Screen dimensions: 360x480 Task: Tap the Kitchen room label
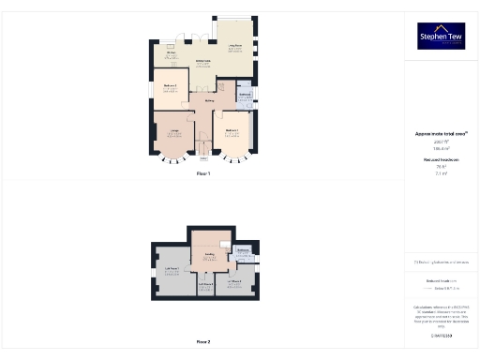tap(172, 52)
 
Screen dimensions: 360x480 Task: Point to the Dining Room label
tap(202, 62)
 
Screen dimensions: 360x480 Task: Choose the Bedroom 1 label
tap(231, 129)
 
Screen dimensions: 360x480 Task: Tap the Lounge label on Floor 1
tap(172, 131)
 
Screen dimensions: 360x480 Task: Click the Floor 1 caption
tap(203, 174)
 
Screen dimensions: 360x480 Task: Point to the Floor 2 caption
tap(203, 342)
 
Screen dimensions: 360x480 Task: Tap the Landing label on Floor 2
tap(211, 255)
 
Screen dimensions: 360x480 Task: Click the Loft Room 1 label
tap(172, 269)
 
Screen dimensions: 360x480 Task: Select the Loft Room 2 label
tap(205, 283)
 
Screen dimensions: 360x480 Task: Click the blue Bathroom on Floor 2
tap(243, 251)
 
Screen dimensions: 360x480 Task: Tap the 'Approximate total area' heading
tap(442, 134)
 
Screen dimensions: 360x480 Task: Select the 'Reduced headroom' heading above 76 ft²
tap(442, 160)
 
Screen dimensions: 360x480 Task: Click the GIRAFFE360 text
tap(442, 335)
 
